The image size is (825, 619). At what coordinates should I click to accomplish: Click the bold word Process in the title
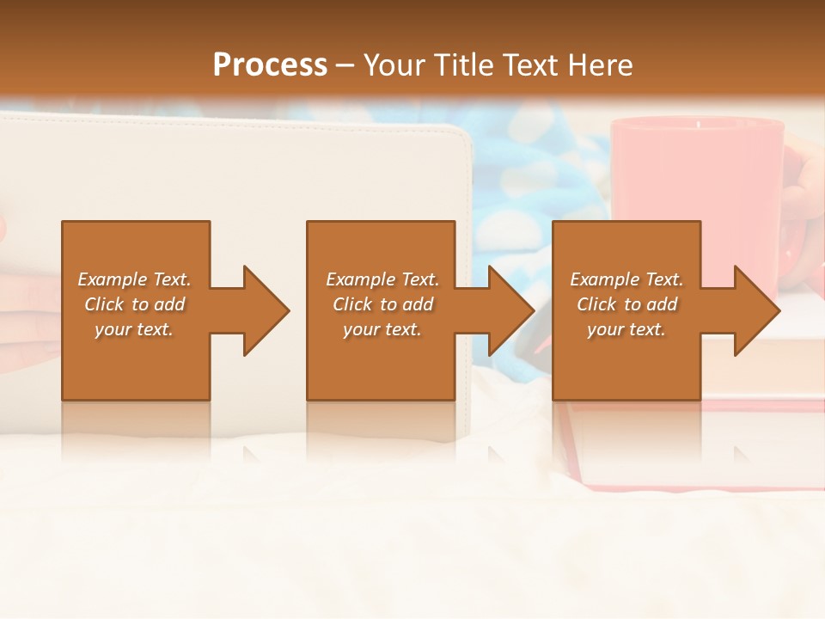270,65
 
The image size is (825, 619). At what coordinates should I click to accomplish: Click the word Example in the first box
113,279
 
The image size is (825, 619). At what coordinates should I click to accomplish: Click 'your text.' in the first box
134,329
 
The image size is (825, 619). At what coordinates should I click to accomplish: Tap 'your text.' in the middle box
382,329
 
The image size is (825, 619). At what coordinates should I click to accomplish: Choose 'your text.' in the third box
626,329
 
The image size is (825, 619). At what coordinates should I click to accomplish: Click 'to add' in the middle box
407,304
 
